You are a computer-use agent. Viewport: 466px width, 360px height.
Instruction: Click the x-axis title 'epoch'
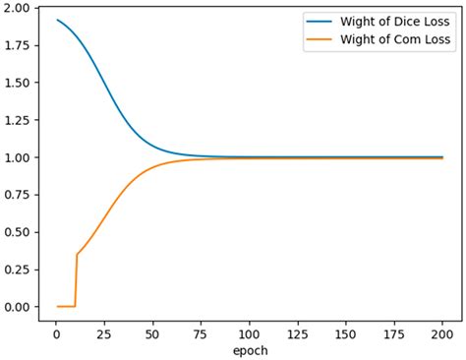click(249, 349)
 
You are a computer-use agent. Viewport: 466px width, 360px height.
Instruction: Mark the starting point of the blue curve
click(58, 20)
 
